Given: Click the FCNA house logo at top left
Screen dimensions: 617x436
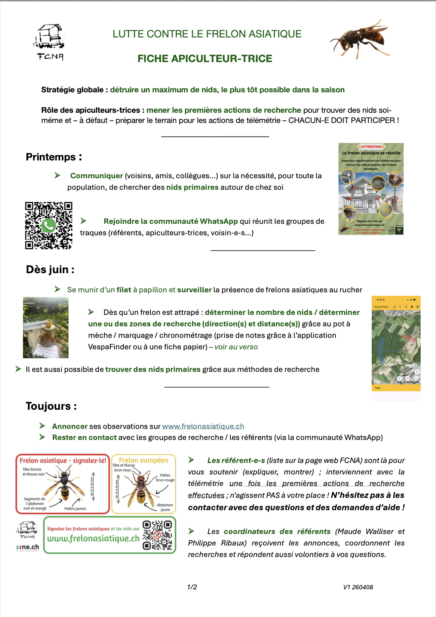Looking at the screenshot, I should (49, 42).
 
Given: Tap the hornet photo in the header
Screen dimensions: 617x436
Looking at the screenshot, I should (360, 38).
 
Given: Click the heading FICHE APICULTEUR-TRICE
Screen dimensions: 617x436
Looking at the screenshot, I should (205, 59).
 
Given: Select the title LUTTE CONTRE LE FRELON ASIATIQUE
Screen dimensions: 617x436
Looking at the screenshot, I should (207, 34).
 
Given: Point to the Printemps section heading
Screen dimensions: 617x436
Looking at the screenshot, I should (54, 157).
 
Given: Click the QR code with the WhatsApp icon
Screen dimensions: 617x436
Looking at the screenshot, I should (49, 226).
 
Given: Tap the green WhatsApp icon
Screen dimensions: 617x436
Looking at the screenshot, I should (49, 225).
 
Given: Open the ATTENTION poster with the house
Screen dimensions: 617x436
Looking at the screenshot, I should (371, 189).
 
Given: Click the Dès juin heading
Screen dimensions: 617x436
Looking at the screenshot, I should (50, 269).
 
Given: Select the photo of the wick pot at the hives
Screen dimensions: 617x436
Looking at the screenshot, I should (46, 328).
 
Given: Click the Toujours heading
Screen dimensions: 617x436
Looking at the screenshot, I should (51, 406).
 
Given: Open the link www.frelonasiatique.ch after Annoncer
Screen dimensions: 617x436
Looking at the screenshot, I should (203, 426).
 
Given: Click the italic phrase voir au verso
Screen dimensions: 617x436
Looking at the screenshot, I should (236, 347).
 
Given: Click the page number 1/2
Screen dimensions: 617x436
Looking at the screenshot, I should (192, 587).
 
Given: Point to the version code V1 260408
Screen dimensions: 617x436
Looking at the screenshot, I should (358, 587).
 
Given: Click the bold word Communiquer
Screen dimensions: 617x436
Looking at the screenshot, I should (97, 176).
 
